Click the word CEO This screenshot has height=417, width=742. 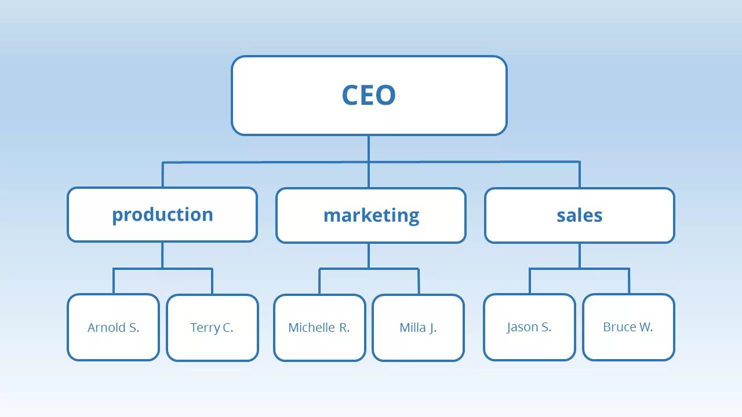pyautogui.click(x=369, y=96)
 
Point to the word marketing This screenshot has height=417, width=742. pyautogui.click(x=371, y=215)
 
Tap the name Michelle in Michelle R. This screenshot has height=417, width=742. pyautogui.click(x=312, y=328)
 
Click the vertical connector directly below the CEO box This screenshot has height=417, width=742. pyautogui.click(x=369, y=148)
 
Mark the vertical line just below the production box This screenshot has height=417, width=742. pyautogui.click(x=162, y=255)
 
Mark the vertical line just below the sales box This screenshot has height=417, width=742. pyautogui.click(x=580, y=255)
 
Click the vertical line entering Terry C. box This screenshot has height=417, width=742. pyautogui.click(x=212, y=282)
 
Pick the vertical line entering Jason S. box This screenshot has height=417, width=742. pyautogui.click(x=529, y=281)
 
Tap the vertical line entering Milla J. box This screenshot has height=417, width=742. pyautogui.click(x=419, y=282)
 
